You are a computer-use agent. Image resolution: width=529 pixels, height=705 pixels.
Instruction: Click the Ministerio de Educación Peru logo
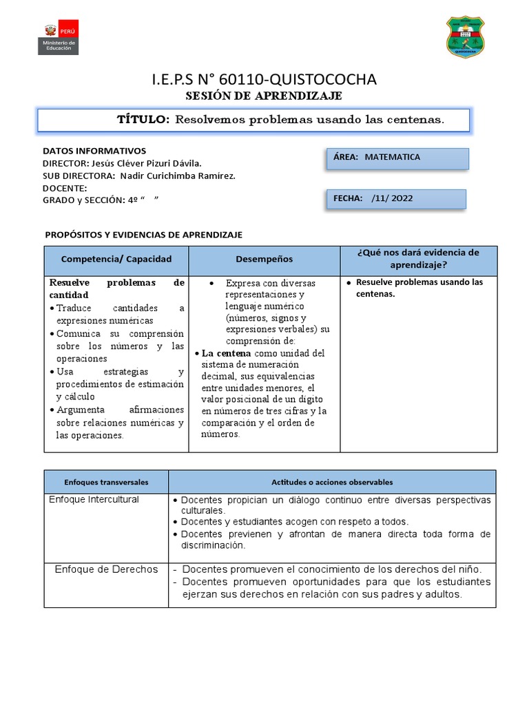[60, 37]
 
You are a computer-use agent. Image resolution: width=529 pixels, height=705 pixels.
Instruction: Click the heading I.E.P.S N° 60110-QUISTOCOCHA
[264, 80]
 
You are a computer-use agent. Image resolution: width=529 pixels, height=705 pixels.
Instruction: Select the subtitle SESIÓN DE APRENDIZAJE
[264, 96]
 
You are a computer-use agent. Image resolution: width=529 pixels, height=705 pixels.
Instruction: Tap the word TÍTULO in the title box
[143, 120]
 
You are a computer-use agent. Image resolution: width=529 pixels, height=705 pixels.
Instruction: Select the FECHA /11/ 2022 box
[396, 198]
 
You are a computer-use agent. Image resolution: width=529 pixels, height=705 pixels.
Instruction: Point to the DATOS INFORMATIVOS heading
[94, 150]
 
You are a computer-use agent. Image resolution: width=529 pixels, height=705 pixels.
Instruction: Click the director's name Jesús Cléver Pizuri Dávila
[145, 163]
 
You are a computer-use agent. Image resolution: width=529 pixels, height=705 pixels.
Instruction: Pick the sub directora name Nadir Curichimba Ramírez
[178, 176]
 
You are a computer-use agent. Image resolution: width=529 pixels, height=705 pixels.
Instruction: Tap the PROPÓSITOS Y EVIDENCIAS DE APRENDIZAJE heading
[143, 235]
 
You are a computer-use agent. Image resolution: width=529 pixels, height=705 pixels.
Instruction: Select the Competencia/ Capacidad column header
[116, 260]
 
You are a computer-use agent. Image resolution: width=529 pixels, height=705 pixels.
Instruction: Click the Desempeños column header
[264, 260]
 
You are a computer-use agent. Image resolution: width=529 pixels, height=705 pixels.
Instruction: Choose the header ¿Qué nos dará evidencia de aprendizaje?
[418, 259]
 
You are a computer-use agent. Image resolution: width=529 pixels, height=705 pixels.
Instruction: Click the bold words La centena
[226, 353]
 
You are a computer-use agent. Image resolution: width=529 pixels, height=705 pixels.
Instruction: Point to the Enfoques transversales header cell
[106, 483]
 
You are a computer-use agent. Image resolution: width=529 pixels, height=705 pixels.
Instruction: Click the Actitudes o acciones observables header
[331, 483]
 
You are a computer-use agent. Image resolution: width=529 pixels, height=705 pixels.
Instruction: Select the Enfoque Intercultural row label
[94, 499]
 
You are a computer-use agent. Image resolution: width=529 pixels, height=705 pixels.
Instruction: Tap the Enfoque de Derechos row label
[106, 569]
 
